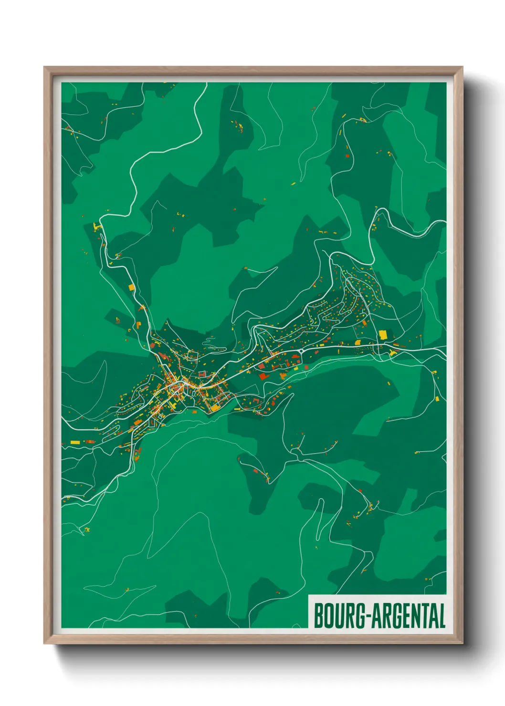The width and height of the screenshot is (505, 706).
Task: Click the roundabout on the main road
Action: (x=302, y=351)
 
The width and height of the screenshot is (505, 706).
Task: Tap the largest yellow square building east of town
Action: (x=383, y=334)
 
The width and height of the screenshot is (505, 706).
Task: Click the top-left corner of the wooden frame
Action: (x=44, y=68)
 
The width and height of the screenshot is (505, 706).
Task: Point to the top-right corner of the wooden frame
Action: (x=462, y=68)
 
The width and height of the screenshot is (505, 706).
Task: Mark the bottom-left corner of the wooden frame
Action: (x=44, y=643)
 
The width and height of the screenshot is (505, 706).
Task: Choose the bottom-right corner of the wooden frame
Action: (x=462, y=643)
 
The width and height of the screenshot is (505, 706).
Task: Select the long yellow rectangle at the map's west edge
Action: (x=75, y=442)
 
